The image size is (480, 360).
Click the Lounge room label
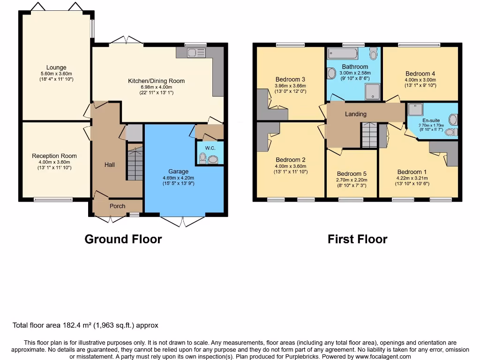pos(56,67)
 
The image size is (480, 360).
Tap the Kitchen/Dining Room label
pos(157,81)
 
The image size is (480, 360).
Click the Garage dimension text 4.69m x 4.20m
pos(178,178)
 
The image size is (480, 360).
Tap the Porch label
pos(117,206)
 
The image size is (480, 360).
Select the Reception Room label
pos(54,156)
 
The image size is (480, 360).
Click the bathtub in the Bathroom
pos(342,53)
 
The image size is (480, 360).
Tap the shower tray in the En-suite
pos(415,110)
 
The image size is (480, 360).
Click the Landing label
pos(356,114)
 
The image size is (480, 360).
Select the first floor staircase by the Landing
pos(369,135)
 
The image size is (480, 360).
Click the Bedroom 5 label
pos(352,173)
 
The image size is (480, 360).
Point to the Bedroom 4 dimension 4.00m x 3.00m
pos(420,80)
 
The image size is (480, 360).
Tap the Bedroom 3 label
pos(290,79)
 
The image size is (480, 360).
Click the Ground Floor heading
pos(123,239)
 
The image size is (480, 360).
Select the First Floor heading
pos(357,239)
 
